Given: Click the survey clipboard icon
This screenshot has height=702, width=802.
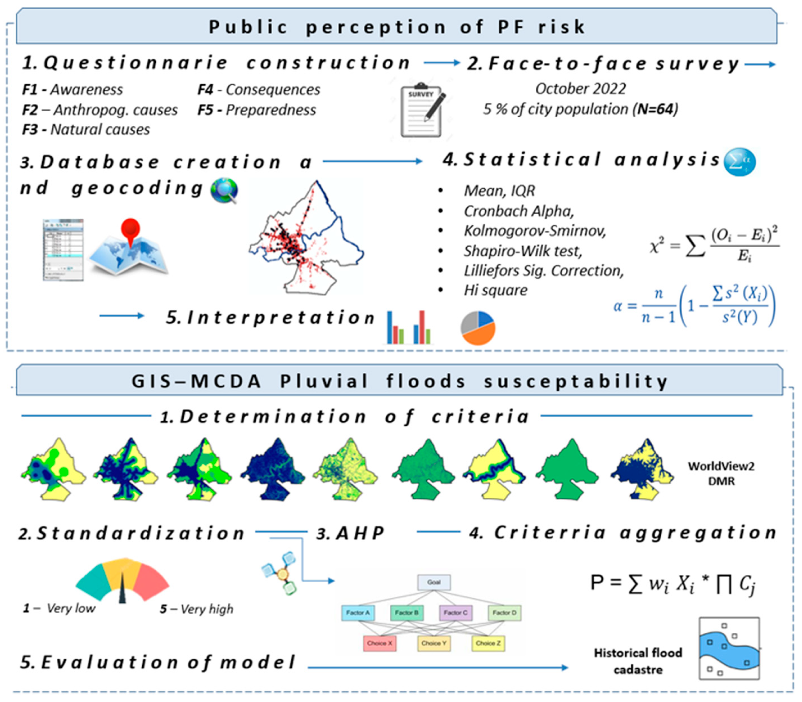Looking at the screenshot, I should [x=422, y=111].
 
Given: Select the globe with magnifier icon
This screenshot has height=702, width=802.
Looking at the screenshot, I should [x=224, y=190].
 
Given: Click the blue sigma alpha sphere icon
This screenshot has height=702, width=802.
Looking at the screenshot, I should [x=739, y=162].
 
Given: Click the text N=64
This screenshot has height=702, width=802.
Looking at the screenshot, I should [x=656, y=109].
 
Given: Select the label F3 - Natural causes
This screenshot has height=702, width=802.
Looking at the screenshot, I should [x=86, y=129].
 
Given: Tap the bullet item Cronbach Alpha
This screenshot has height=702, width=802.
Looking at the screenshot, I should [x=519, y=211].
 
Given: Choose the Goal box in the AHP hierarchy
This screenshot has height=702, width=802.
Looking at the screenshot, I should [x=434, y=582].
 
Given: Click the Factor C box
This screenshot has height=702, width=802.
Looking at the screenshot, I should [x=455, y=613].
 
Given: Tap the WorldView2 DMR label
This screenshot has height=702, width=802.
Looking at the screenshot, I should [x=721, y=473].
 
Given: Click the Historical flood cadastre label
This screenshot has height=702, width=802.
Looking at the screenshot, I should [x=638, y=661].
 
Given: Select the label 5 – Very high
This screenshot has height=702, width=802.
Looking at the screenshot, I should [x=197, y=609].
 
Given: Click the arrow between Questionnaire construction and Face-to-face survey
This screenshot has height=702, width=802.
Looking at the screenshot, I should [x=442, y=63].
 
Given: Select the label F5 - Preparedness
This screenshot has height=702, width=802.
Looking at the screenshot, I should [x=257, y=110].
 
